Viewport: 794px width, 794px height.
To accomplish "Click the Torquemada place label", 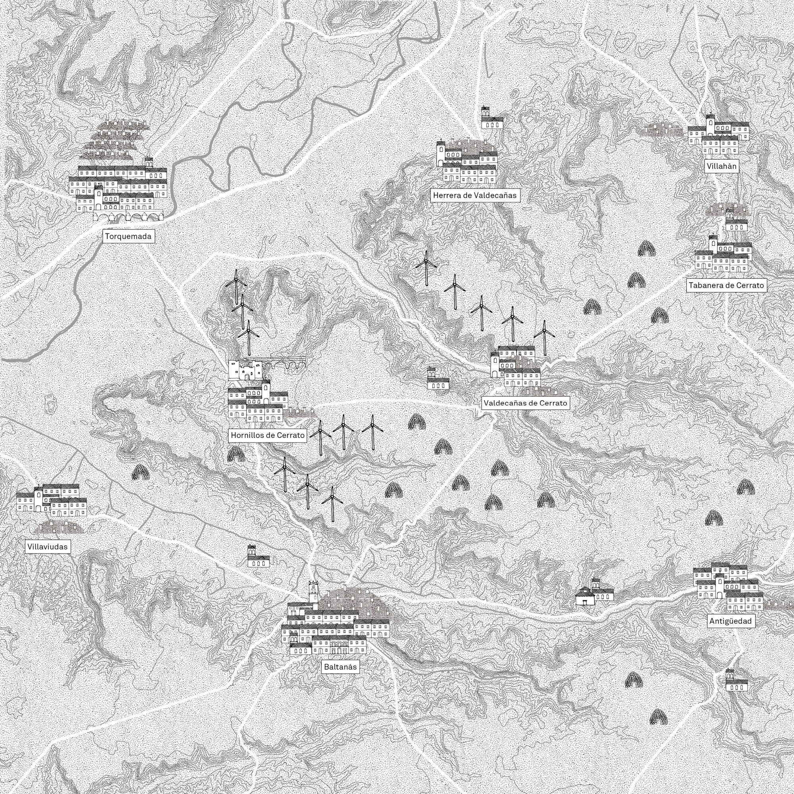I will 128,236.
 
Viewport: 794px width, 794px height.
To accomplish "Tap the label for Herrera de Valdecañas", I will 475,195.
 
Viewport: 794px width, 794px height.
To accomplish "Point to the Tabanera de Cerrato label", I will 726,285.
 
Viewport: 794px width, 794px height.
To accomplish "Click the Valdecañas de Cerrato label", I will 525,403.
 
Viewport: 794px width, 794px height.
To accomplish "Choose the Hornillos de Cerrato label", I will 268,435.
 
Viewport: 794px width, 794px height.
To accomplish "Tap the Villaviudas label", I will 47,547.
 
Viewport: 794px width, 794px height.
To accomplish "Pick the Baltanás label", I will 340,667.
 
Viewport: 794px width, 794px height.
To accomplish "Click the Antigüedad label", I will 730,621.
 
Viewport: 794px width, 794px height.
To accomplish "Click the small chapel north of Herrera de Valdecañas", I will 491,118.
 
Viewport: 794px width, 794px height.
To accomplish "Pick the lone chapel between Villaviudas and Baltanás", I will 258,557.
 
